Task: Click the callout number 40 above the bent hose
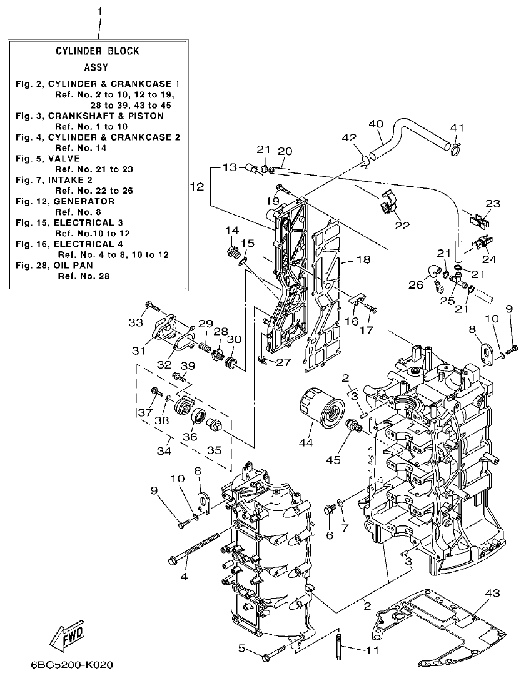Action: click(x=375, y=124)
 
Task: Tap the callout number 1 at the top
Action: click(x=99, y=12)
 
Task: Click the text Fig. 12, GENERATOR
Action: click(x=65, y=201)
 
